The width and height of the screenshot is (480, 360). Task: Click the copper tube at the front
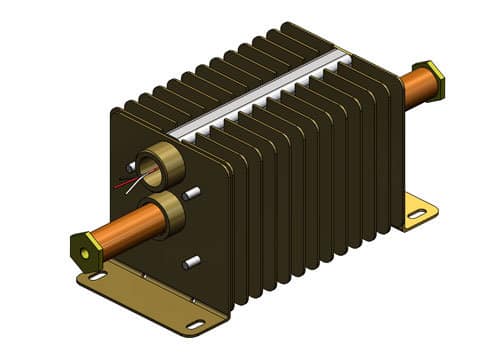click(120, 228)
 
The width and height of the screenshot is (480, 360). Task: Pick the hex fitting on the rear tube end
click(434, 76)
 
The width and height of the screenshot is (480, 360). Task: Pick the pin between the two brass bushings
click(195, 193)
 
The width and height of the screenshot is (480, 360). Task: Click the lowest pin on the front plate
click(189, 263)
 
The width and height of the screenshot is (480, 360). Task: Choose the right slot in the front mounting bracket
click(194, 323)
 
